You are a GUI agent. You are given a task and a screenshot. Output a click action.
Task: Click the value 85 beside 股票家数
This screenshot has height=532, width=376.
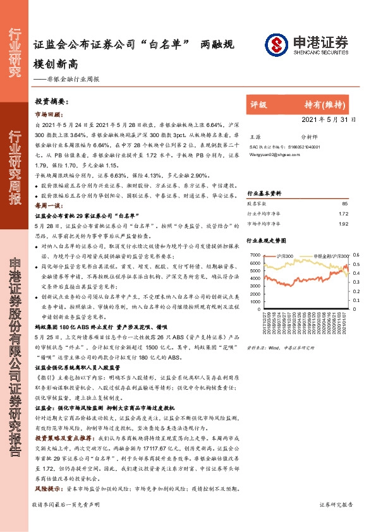pos(344,204)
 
